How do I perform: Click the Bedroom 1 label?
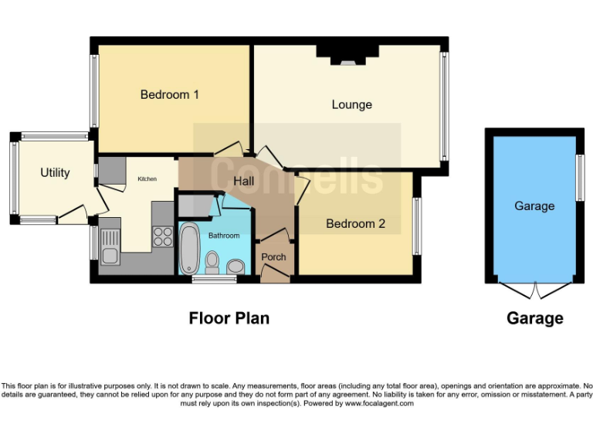[170, 95]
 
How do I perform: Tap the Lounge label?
[351, 104]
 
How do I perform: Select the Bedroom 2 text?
[355, 224]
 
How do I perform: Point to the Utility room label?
[55, 172]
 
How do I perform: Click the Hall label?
[248, 181]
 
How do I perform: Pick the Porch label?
[273, 256]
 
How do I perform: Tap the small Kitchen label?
[147, 179]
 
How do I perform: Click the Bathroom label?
[224, 236]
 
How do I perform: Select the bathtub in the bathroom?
[190, 249]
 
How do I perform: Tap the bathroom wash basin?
[236, 267]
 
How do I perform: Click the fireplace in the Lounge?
[347, 56]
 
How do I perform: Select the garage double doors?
[534, 290]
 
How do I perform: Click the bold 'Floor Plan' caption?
[229, 318]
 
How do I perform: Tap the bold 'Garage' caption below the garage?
[534, 318]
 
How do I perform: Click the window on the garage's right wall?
[580, 178]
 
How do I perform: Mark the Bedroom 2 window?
[417, 226]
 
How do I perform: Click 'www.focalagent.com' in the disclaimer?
[378, 403]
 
